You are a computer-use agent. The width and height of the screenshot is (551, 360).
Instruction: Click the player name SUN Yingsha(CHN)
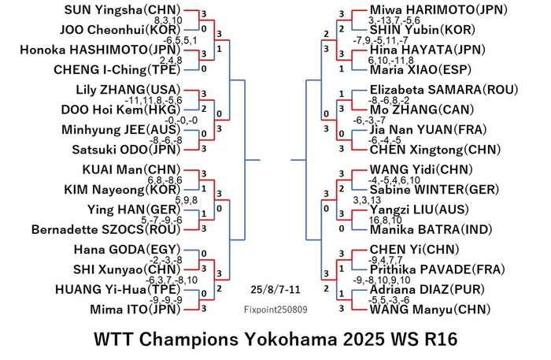click(x=122, y=9)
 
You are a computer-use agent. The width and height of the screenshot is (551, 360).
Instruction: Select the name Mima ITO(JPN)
click(x=135, y=310)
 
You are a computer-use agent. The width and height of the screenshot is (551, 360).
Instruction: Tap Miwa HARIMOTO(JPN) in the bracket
click(x=438, y=9)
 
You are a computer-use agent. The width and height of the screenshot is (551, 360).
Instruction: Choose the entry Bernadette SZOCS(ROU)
click(x=105, y=229)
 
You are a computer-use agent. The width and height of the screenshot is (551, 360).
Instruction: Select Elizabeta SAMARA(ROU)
click(x=444, y=90)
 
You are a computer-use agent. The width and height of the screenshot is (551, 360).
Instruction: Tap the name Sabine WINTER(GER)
click(x=435, y=190)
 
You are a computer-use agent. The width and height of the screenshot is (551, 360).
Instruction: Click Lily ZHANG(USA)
click(x=128, y=90)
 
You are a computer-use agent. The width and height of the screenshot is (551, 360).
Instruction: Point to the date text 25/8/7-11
click(x=275, y=290)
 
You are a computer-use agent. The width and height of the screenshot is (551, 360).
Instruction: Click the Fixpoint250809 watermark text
click(x=275, y=310)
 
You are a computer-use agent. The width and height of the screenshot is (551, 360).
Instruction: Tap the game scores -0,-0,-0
click(x=181, y=121)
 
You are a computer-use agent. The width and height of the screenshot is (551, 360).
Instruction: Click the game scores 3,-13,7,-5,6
click(x=394, y=20)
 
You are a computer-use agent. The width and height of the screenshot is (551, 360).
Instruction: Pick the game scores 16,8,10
click(x=385, y=220)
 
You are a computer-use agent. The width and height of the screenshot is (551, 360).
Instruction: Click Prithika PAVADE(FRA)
click(x=437, y=269)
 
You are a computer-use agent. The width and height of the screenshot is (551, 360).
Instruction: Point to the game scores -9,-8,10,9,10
click(x=381, y=280)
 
